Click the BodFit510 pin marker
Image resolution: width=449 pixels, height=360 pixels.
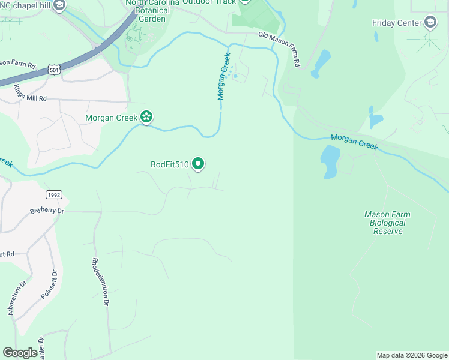coord(199,164)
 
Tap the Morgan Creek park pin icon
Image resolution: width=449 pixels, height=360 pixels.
coord(146,117)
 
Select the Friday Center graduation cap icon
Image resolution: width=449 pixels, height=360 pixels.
coord(430,23)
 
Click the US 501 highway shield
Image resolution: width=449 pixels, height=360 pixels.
coord(55,70)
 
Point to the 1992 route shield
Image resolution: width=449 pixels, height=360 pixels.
coord(54,195)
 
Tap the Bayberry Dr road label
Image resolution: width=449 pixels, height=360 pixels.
coord(47,211)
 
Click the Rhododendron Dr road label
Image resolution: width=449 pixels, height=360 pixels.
coord(100,283)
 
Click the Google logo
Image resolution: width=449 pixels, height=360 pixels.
coord(20,353)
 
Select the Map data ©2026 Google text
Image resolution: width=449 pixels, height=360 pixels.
coord(412,355)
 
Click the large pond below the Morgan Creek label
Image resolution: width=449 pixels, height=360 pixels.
coord(330,161)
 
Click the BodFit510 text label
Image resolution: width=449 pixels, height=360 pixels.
coord(170,164)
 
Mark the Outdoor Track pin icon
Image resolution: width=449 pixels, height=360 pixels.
coord(244,1)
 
